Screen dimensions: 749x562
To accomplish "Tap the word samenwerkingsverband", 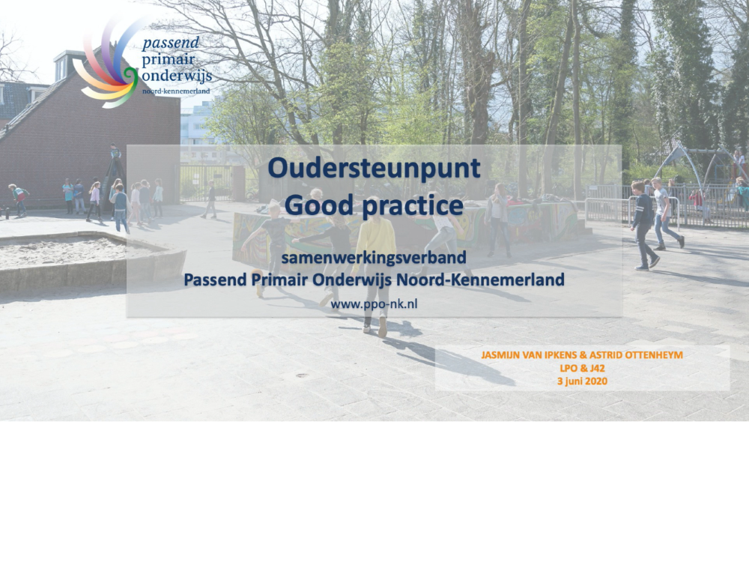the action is (x=374, y=258).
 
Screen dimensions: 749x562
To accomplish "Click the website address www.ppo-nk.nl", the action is (x=374, y=304).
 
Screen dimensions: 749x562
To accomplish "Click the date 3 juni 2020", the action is (x=582, y=381).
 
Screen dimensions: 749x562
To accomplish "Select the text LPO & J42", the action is (x=582, y=368).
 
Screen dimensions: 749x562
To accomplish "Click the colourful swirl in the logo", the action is (x=107, y=62).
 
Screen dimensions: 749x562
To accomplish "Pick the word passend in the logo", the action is (x=171, y=43).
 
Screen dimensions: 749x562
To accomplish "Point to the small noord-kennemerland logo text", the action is (x=176, y=91).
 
